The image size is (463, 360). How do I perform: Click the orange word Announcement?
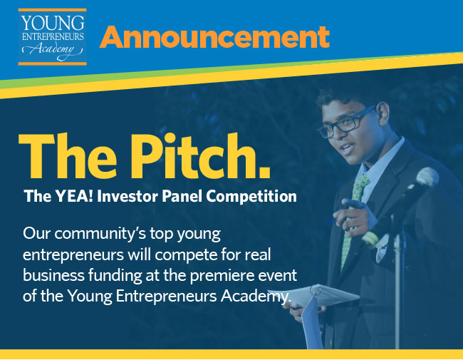pyautogui.click(x=214, y=37)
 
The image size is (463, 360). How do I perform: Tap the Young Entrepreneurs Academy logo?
pyautogui.click(x=52, y=37)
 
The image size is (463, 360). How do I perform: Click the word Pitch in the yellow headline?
pyautogui.click(x=200, y=156)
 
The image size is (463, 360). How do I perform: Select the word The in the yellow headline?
pyautogui.click(x=68, y=156)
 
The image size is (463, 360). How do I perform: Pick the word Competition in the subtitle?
pyautogui.click(x=251, y=196)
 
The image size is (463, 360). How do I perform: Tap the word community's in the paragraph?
pyautogui.click(x=100, y=234)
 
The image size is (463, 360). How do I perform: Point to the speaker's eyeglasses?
pyautogui.click(x=346, y=123)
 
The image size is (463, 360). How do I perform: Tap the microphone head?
pyautogui.click(x=427, y=177)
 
